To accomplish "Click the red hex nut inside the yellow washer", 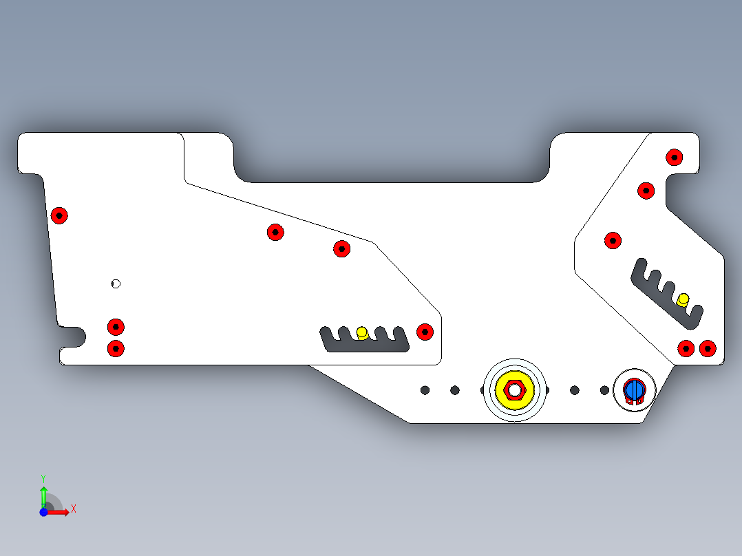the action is (x=514, y=390).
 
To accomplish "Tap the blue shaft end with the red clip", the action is (x=634, y=390).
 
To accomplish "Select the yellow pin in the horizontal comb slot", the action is (x=362, y=332).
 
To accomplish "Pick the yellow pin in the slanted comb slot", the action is (x=683, y=300).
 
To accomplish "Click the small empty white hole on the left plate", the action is (x=116, y=284).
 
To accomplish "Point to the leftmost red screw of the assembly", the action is (x=59, y=216).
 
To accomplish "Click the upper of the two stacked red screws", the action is (x=116, y=327).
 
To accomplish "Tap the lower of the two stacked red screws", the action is (x=116, y=349).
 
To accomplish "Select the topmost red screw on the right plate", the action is (x=675, y=158).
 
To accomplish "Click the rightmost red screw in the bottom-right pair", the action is (x=708, y=349).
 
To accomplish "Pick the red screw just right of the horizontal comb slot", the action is (x=425, y=332).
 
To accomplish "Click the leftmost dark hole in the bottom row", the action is (x=425, y=390).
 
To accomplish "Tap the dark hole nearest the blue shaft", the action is (x=604, y=390).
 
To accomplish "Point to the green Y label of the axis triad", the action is (x=43, y=478).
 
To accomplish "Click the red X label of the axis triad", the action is (x=74, y=509).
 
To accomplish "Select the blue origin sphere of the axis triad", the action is (x=43, y=513).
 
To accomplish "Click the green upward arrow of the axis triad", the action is (x=43, y=497).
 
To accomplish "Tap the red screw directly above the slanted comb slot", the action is (x=613, y=241).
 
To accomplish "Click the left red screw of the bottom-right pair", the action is (x=686, y=349).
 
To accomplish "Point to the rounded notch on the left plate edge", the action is (x=78, y=337).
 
